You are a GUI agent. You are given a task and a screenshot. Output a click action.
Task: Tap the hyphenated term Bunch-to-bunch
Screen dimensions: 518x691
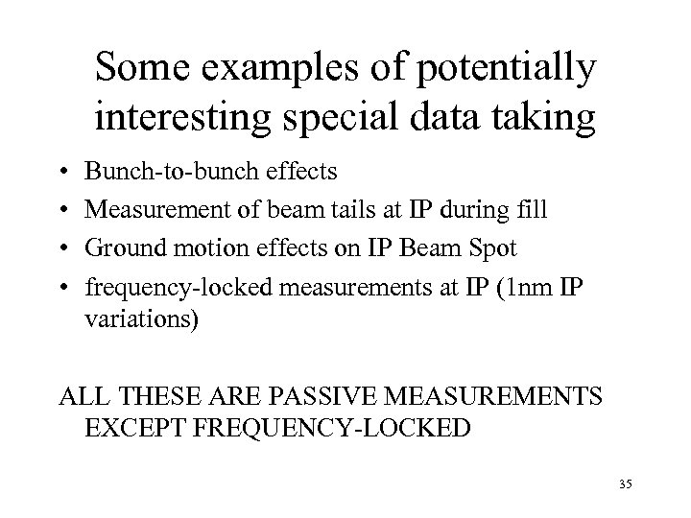click(x=162, y=172)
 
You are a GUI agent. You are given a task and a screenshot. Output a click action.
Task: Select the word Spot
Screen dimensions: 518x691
click(x=494, y=248)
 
